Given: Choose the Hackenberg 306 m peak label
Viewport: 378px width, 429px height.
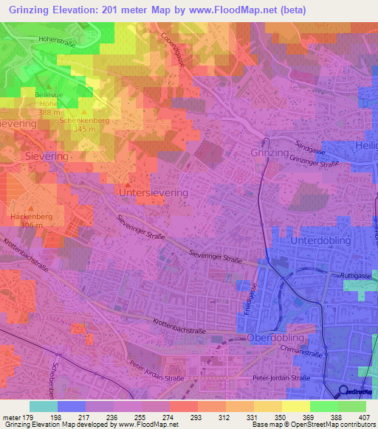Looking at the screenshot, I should click(x=32, y=221).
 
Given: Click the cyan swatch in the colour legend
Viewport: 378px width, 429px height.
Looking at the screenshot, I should click(x=44, y=406).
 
